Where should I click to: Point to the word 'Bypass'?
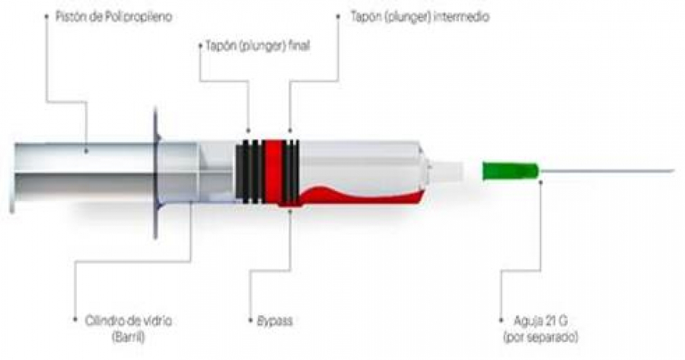click(271, 321)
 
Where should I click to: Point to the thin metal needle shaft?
click(609, 170)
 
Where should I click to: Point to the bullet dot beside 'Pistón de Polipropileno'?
click(47, 15)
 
